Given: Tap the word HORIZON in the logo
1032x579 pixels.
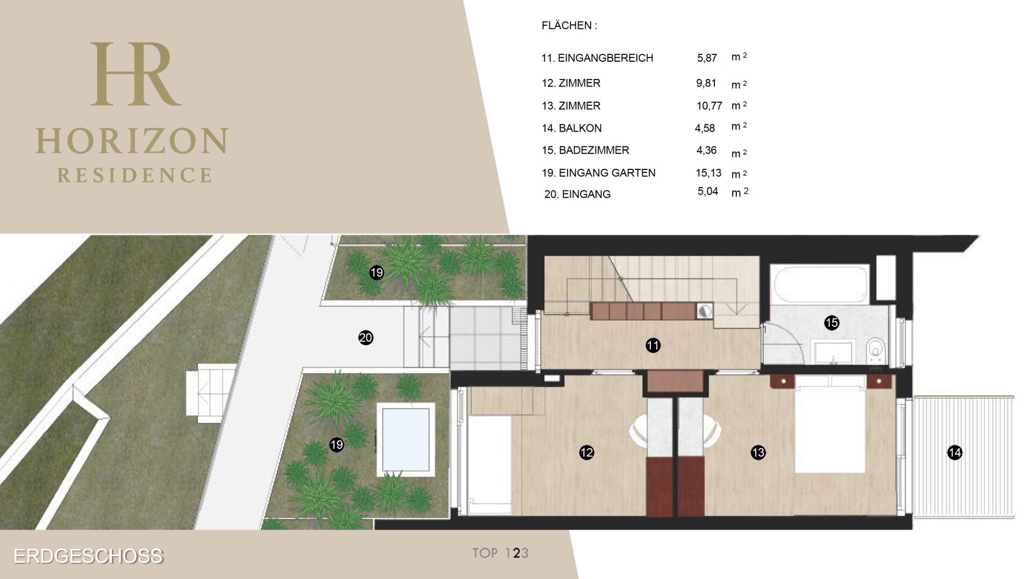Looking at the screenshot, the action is [x=132, y=141].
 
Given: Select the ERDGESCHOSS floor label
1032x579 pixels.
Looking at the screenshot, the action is [x=88, y=556].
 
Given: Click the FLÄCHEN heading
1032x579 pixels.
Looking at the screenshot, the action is [x=569, y=25].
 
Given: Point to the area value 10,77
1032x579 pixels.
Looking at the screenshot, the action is [x=709, y=106].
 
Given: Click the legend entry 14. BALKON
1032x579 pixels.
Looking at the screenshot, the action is [x=571, y=128].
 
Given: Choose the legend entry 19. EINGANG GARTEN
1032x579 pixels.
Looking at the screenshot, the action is [x=598, y=173].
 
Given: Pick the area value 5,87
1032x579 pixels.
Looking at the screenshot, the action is [x=707, y=58].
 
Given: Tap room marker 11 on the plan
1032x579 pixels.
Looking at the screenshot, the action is [x=653, y=345].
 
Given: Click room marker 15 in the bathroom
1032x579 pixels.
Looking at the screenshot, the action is [x=832, y=323].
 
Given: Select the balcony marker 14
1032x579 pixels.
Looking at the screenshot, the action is [x=955, y=453].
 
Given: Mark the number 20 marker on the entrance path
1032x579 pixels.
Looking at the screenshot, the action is [x=365, y=338].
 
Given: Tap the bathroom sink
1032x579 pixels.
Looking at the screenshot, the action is [x=833, y=352].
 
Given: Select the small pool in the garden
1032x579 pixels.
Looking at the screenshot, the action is [x=405, y=439].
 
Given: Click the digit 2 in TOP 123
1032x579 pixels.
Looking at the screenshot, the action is [x=517, y=553].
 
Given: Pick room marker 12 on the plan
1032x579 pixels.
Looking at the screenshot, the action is [x=586, y=453].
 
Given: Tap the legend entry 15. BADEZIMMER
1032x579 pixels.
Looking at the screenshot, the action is [x=585, y=150].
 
